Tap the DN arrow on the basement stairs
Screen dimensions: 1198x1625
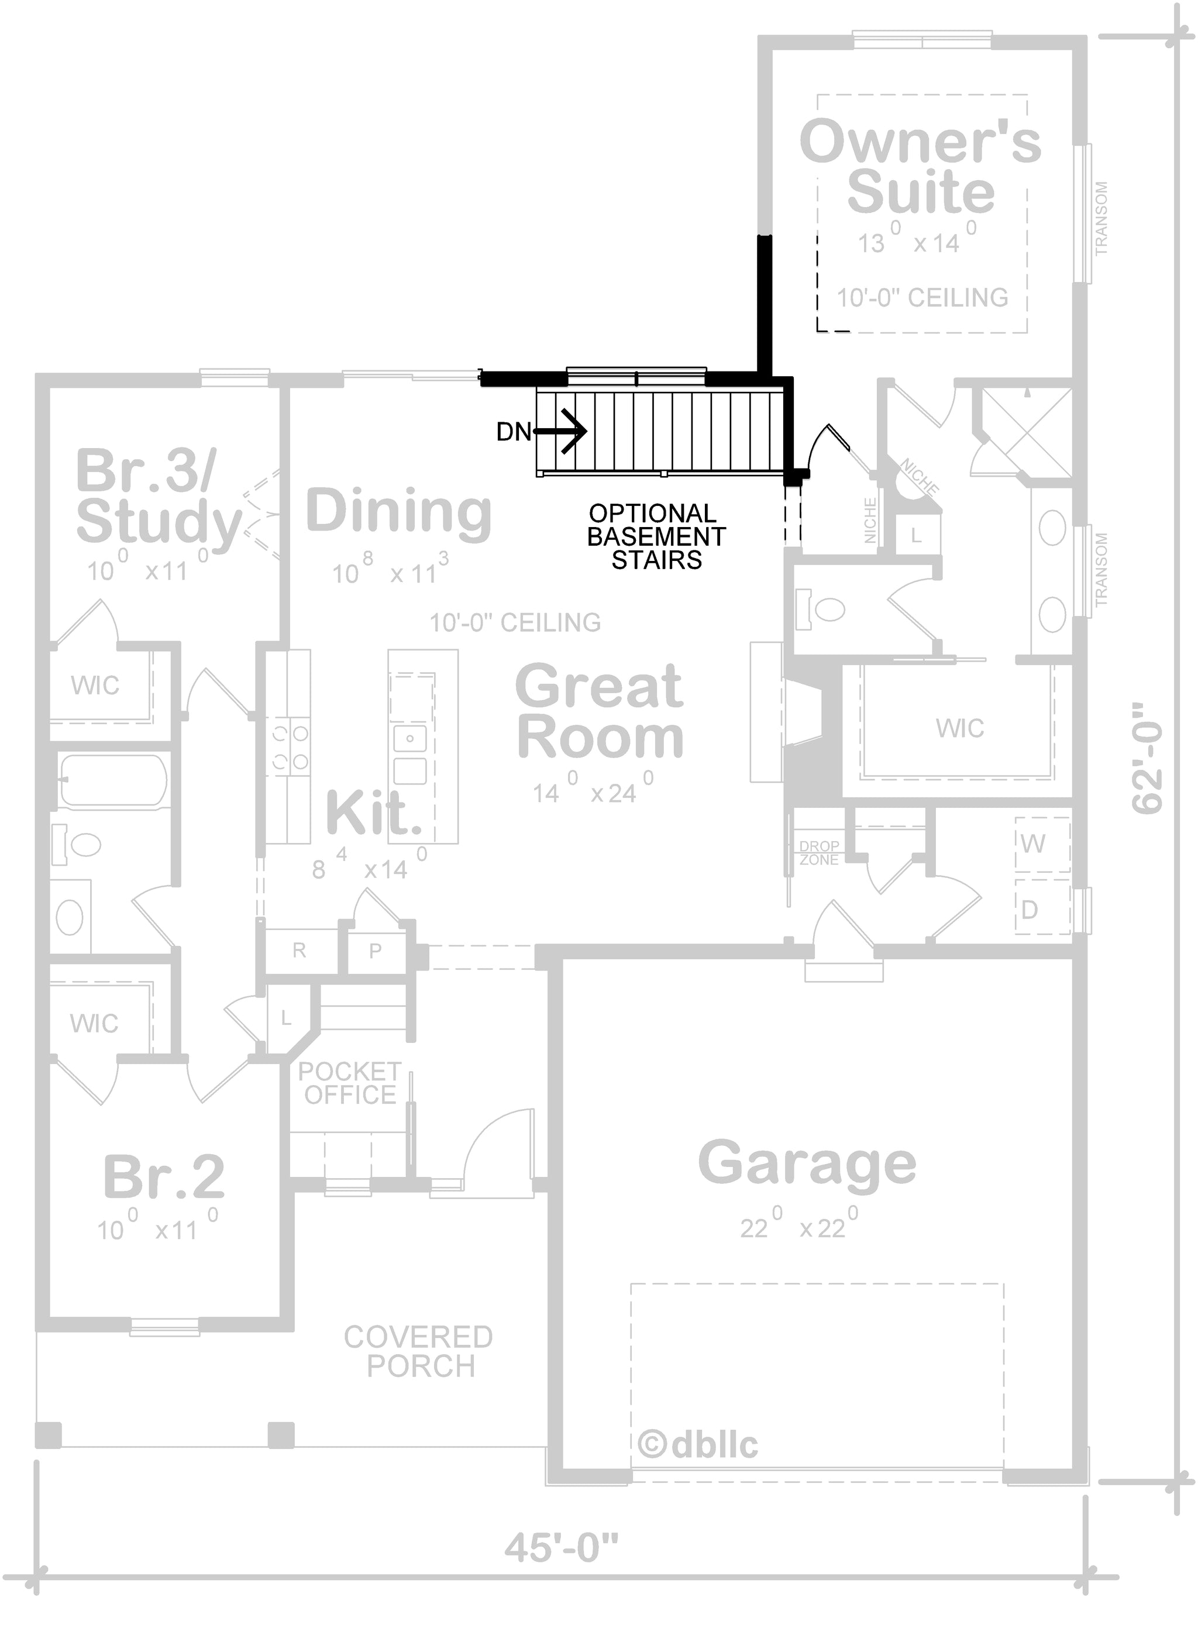click(559, 432)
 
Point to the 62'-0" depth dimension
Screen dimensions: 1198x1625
click(1147, 758)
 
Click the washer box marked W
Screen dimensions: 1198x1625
click(1042, 844)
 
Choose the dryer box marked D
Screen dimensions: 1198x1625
click(1042, 907)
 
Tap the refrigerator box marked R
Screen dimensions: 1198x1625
click(300, 951)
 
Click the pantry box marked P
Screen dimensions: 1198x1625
click(376, 951)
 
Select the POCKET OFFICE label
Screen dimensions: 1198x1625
click(350, 1083)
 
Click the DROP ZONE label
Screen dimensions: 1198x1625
click(820, 853)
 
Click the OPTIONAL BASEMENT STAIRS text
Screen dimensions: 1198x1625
click(656, 536)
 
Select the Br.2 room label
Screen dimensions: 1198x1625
click(164, 1176)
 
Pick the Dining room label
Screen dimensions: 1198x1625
click(399, 511)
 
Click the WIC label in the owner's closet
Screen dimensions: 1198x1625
click(960, 728)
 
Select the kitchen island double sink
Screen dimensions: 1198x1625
click(411, 754)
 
